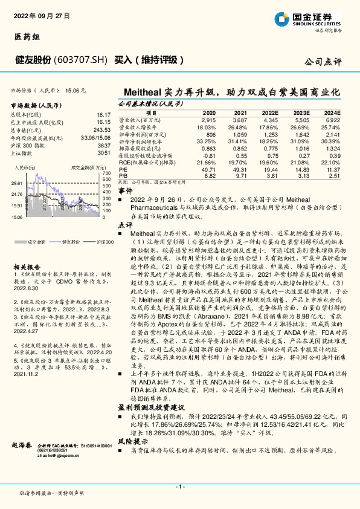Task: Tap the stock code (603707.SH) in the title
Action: (80, 60)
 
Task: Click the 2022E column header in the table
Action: (270, 113)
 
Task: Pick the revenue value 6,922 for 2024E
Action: (332, 121)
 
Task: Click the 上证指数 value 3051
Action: (104, 153)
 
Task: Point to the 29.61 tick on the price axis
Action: (16, 183)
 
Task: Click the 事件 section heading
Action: (124, 190)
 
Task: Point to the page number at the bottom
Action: (180, 487)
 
